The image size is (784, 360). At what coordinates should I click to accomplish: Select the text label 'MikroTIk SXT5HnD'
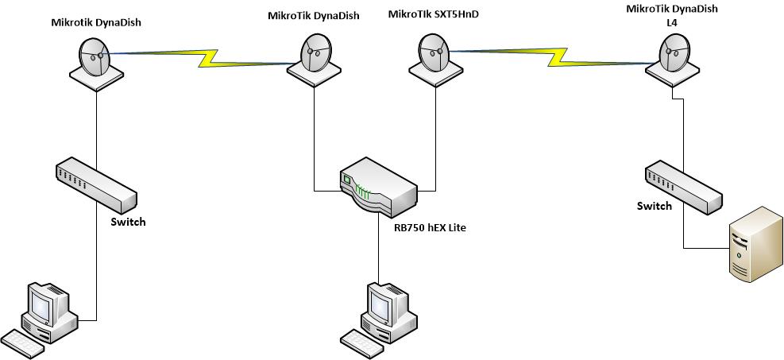pos(434,14)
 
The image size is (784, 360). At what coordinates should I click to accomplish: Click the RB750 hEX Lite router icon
pos(378,188)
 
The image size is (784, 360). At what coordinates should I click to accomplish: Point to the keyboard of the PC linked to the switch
pos(24,340)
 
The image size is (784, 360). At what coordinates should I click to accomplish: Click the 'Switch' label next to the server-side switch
pos(654,206)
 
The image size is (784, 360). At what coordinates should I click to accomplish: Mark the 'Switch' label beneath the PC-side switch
pos(128,222)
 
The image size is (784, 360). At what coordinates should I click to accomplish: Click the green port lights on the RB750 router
pos(363,191)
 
